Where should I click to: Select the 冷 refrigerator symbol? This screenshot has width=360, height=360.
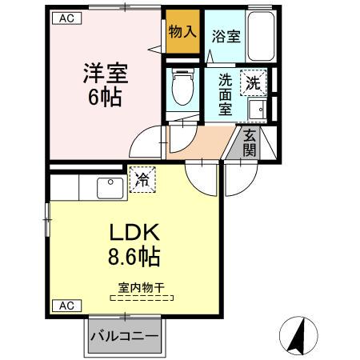point(143,181)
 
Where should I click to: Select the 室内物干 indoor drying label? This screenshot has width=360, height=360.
point(142,286)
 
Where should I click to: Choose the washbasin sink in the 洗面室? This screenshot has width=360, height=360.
point(257,109)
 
